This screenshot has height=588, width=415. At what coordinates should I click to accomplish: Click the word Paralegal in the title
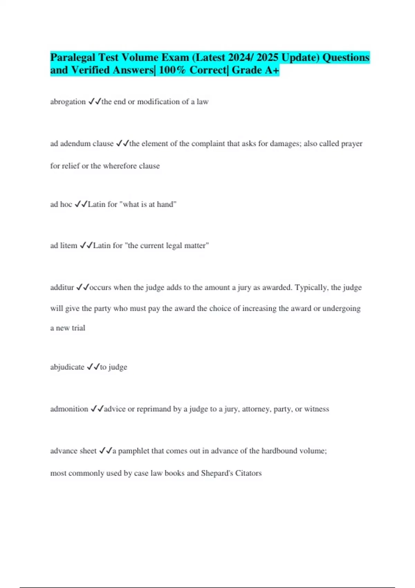(73, 57)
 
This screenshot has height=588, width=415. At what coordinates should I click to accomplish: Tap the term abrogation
(68, 102)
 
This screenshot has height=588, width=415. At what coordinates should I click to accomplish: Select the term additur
(62, 287)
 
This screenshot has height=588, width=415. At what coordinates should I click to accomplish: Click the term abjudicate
(67, 367)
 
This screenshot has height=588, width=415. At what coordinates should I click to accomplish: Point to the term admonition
(69, 409)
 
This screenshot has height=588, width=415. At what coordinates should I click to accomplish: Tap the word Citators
(248, 473)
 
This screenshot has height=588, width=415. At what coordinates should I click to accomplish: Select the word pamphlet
(133, 451)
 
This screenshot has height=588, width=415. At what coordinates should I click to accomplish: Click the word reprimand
(154, 409)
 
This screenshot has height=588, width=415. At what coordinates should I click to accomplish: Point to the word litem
(68, 246)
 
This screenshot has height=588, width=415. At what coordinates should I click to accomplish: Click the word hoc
(66, 204)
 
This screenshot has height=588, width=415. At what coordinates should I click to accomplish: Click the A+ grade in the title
(272, 70)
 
